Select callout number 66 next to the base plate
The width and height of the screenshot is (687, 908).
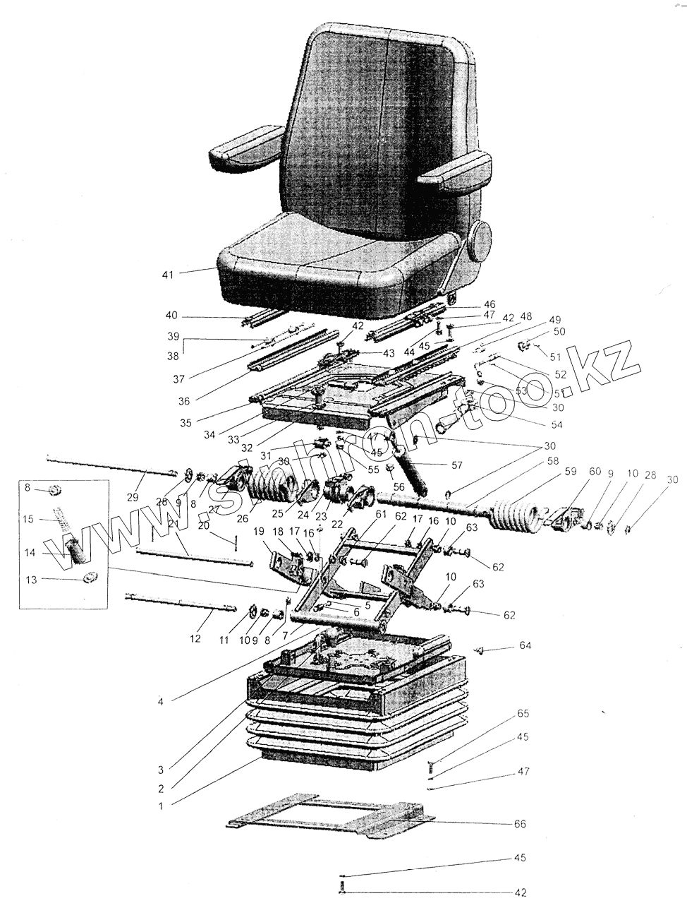(521, 824)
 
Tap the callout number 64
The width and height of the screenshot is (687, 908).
(525, 645)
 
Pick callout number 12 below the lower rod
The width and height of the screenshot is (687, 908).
(195, 638)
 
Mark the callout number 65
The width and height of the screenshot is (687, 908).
(523, 714)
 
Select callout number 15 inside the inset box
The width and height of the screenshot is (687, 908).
(28, 519)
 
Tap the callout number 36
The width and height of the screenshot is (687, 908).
(184, 401)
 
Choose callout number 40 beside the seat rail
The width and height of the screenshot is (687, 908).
(171, 315)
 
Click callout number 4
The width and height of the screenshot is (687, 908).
(161, 702)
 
